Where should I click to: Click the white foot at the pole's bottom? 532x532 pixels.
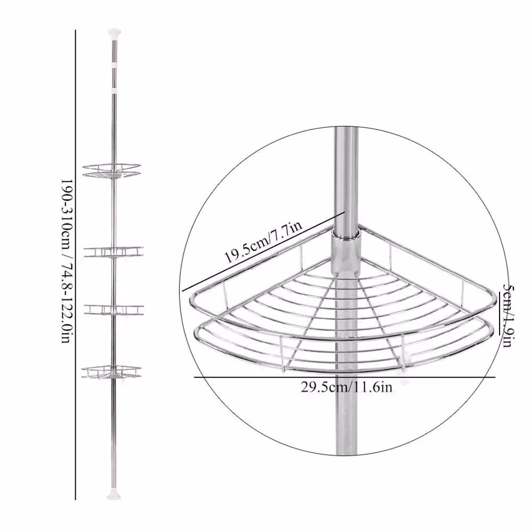click(x=114, y=496)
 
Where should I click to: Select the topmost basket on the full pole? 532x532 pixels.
click(x=112, y=171)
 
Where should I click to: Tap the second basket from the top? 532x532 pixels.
click(x=114, y=252)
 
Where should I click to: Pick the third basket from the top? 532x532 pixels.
click(x=114, y=310)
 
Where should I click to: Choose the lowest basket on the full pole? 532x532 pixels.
click(x=111, y=372)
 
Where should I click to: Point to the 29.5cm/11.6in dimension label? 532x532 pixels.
click(x=346, y=387)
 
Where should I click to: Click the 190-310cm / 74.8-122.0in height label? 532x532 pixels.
click(x=66, y=261)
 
